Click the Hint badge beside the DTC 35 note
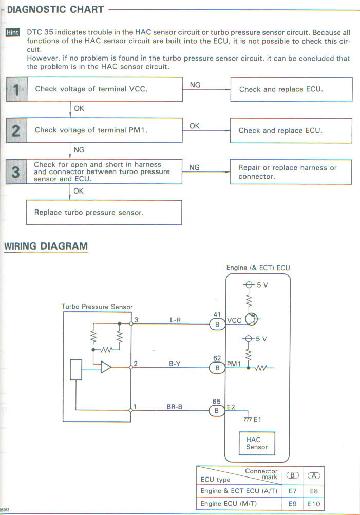12,32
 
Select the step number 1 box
16,89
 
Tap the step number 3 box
16,171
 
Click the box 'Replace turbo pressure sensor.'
104,213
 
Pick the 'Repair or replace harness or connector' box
291,172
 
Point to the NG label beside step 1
195,85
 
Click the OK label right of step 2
195,126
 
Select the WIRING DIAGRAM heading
46,246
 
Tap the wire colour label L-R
176,320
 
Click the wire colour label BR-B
175,407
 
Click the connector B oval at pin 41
217,324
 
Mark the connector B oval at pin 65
217,410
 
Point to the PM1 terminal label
234,364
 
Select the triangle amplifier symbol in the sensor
106,367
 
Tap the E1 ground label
257,419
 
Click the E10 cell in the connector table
314,504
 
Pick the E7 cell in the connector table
292,491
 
